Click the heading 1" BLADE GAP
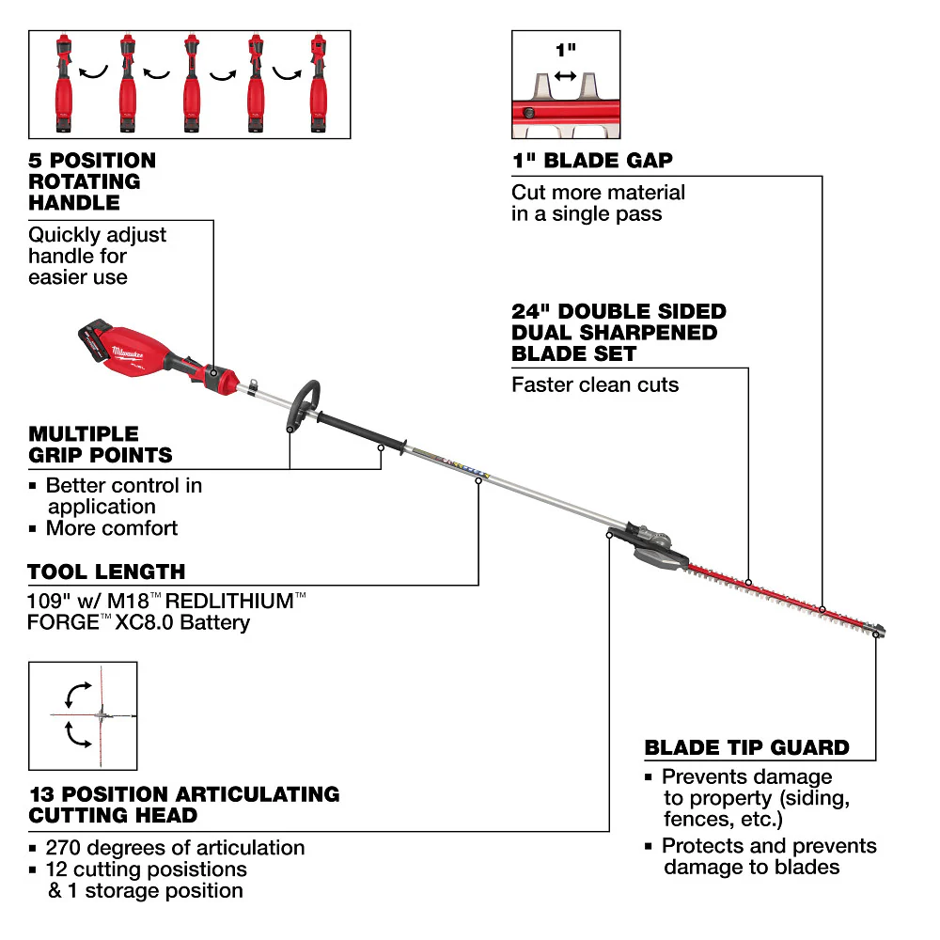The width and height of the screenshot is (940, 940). pos(592,161)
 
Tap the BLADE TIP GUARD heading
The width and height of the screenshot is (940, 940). pos(746,748)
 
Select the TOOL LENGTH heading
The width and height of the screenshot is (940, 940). pos(106,572)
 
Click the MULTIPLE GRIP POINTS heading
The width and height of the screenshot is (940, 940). pos(101,445)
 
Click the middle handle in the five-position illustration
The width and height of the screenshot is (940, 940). pos(191,85)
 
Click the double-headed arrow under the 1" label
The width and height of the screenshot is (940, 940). pos(565,75)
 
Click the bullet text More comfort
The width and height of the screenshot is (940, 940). pos(111,528)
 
